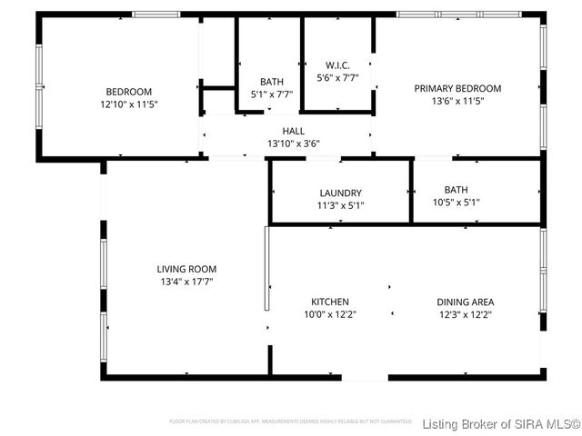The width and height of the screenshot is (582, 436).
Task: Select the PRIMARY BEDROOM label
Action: pyautogui.click(x=457, y=88)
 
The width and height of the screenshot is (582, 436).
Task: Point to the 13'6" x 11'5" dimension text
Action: pyautogui.click(x=457, y=101)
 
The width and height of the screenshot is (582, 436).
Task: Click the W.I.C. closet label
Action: pyautogui.click(x=337, y=65)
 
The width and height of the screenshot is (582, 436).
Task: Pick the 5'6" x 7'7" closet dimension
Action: pyautogui.click(x=337, y=78)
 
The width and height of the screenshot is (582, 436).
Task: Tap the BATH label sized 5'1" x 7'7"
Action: pyautogui.click(x=271, y=82)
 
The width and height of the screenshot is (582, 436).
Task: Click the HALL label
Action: pyautogui.click(x=293, y=132)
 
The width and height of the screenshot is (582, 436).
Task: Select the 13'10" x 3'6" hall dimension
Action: pyautogui.click(x=293, y=144)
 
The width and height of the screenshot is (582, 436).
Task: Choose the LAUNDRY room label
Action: pyautogui.click(x=341, y=193)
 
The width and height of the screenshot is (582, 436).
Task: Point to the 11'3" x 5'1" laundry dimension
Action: pyautogui.click(x=341, y=204)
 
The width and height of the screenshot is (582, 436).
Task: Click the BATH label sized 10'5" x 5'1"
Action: pyautogui.click(x=457, y=190)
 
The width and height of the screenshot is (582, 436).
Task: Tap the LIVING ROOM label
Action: pyautogui.click(x=186, y=269)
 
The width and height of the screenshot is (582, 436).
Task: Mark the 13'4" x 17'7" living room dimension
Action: pyautogui.click(x=186, y=282)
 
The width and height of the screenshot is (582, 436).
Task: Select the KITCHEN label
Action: pyautogui.click(x=330, y=302)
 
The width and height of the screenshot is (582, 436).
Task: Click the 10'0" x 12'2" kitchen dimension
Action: pyautogui.click(x=330, y=314)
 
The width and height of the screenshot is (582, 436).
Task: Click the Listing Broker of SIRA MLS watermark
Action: pyautogui.click(x=501, y=424)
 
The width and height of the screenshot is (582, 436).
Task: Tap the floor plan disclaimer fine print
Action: pyautogui.click(x=291, y=421)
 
